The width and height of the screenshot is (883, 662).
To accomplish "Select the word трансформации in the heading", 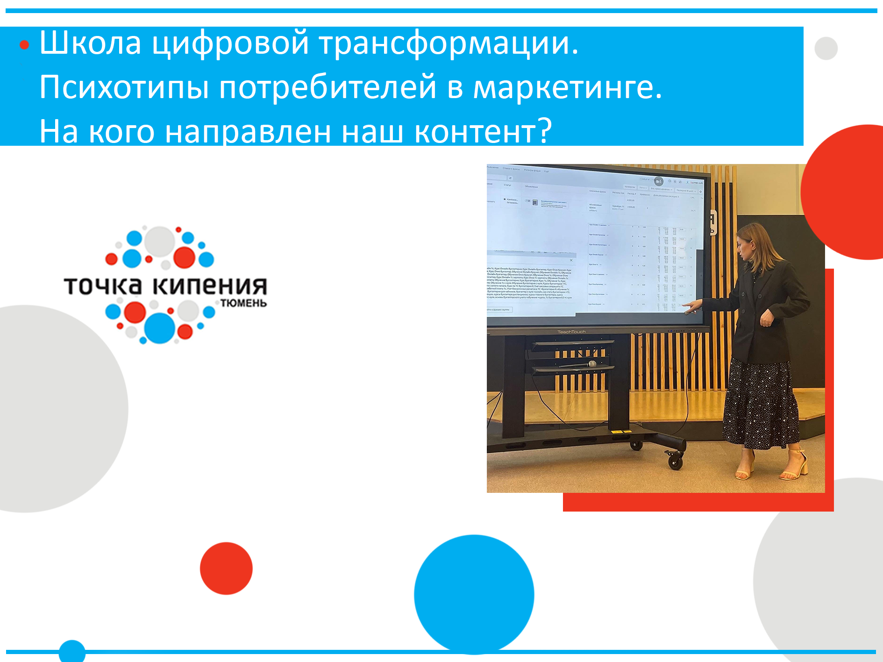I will point(449,43).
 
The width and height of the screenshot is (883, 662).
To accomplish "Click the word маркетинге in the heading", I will point(567,87).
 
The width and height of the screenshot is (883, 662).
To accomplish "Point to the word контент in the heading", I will point(477,132).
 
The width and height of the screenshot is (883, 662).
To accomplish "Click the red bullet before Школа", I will point(24,45).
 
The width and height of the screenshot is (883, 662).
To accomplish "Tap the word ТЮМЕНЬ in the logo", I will point(243,303).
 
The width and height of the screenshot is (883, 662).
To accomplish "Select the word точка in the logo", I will point(103,285).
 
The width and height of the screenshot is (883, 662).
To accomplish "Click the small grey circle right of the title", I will point(826,49).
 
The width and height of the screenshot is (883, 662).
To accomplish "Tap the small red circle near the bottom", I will point(226,568).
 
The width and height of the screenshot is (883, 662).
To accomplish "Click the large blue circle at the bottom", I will point(474,594).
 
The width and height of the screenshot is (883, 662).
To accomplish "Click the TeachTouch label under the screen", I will point(571,332).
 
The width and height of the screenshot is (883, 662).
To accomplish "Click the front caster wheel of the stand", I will point(675,462).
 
